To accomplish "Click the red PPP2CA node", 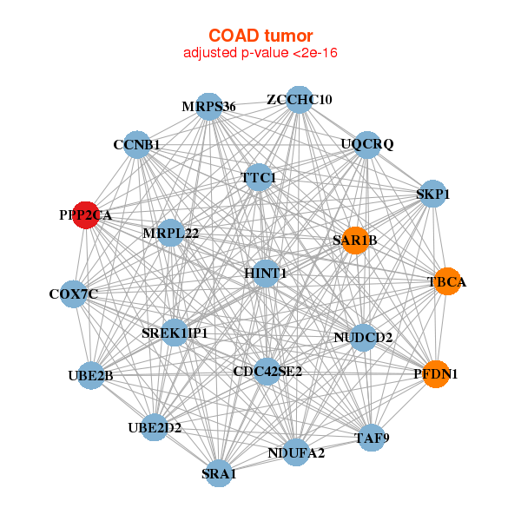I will pyautogui.click(x=85, y=215).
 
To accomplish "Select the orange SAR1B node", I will pyautogui.click(x=354, y=240).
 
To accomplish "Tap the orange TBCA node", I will pyautogui.click(x=447, y=282).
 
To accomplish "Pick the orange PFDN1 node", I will pyautogui.click(x=436, y=374).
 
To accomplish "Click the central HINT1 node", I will pyautogui.click(x=267, y=274).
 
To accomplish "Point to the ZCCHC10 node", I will pyautogui.click(x=299, y=99).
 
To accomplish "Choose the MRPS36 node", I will pyautogui.click(x=208, y=107).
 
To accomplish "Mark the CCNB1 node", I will pyautogui.click(x=136, y=144).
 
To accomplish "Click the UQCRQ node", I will pyautogui.click(x=367, y=144).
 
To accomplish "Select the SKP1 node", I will pyautogui.click(x=432, y=195).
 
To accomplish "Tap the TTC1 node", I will pyautogui.click(x=259, y=178).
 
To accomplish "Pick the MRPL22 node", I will pyautogui.click(x=171, y=233).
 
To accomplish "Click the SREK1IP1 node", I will pyautogui.click(x=175, y=333).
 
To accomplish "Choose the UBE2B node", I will pyautogui.click(x=91, y=375).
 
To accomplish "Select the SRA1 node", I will pyautogui.click(x=219, y=473).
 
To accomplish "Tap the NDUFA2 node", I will pyautogui.click(x=296, y=452).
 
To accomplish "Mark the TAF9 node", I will pyautogui.click(x=372, y=438).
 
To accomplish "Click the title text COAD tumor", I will pyautogui.click(x=260, y=36).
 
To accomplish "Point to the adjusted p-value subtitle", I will pyautogui.click(x=260, y=53).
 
